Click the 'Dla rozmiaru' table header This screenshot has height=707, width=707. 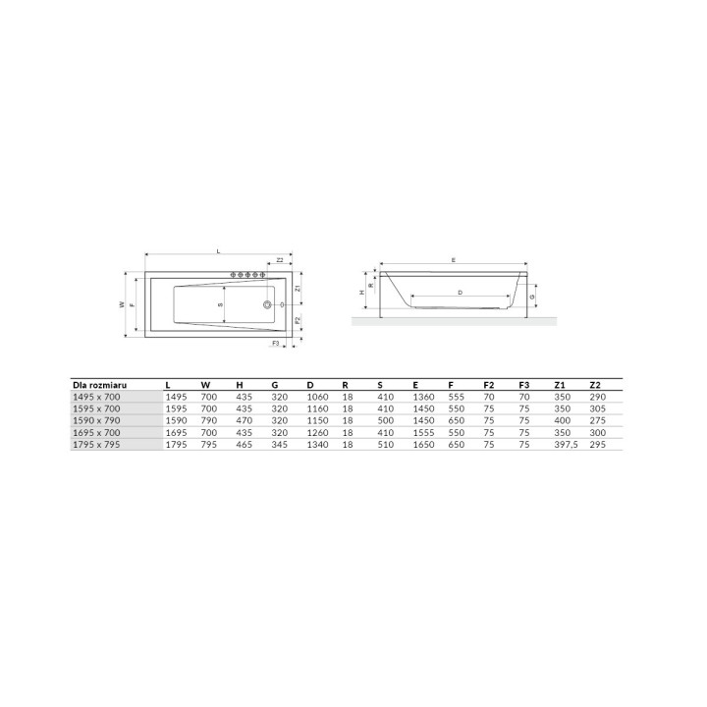pos(99,385)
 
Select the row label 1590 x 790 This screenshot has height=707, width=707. pos(96,420)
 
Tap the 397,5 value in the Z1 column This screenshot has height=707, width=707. pos(566,445)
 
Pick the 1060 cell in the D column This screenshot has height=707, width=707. pos(317,398)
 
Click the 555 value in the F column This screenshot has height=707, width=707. pos(457,398)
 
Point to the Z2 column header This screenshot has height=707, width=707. pos(595,385)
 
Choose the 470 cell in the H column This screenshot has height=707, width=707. pos(244,420)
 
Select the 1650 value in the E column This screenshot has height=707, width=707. pos(424,445)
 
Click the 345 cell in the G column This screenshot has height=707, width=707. pos(280,445)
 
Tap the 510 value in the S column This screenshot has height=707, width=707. pos(386,445)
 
